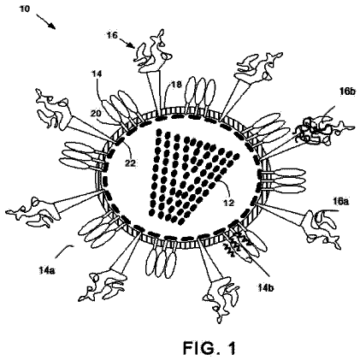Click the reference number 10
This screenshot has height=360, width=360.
pos(25,9)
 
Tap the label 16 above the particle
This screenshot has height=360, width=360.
pos(112,35)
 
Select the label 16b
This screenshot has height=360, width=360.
pos(347,91)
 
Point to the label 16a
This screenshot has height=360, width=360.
pos(340,202)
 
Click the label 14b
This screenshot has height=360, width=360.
pos(266,288)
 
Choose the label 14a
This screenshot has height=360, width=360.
pos(47,270)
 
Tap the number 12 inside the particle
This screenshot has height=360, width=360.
pos(228,203)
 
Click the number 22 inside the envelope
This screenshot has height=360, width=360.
pos(130,163)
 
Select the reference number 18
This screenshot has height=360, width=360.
pos(176,85)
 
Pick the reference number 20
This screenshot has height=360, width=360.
pos(96,114)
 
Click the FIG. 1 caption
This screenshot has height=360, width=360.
pos(210,348)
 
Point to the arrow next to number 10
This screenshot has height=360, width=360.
pos(45,21)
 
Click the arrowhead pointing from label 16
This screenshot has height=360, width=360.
pos(132,44)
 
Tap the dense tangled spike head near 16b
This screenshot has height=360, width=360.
pos(314,130)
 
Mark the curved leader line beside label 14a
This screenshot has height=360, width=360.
pos(64,251)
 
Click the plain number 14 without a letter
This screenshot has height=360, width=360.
pos(97,74)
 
